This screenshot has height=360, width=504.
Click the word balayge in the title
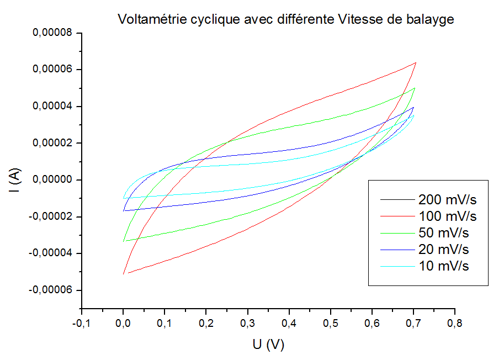point(431,20)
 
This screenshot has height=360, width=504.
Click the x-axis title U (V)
point(268,345)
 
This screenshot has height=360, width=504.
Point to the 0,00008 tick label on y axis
point(54,33)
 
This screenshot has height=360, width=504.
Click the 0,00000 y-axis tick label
point(54,180)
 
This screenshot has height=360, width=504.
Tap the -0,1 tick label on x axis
point(81,322)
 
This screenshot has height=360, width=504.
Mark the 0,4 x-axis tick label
point(289,322)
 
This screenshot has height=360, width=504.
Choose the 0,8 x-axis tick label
point(455,322)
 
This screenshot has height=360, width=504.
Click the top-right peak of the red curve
point(415,63)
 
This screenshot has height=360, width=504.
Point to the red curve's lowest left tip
point(123,274)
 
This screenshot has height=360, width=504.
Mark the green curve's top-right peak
point(414,88)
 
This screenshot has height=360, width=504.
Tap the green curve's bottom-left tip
point(123,241)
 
